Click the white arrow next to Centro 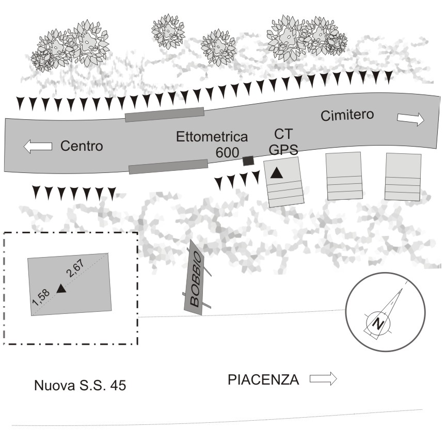point(38,147)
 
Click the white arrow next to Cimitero point(410,120)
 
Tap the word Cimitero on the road point(347,115)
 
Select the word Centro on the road point(82,146)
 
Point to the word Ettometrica point(212,137)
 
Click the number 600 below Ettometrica point(228,152)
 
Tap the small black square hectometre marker point(249,161)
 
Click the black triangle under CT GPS point(277,173)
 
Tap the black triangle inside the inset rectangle point(61,289)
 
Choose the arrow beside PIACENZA point(323,380)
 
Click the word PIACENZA point(263,380)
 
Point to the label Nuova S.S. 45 point(80,385)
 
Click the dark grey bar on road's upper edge point(164,114)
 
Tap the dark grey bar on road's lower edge point(168,166)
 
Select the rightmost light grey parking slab point(403,177)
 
